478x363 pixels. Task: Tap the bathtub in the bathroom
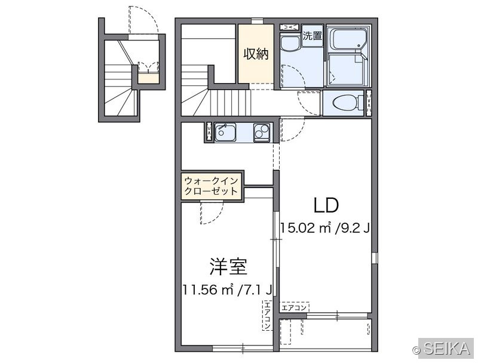pyautogui.click(x=348, y=39)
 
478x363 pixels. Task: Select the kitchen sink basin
pyautogui.click(x=225, y=133)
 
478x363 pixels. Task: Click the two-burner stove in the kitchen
pyautogui.click(x=262, y=133)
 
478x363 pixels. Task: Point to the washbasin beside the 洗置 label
pyautogui.click(x=289, y=43)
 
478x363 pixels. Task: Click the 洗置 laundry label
pyautogui.click(x=312, y=36)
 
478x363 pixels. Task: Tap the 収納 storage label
pyautogui.click(x=256, y=54)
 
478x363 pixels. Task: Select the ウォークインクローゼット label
pyautogui.click(x=212, y=186)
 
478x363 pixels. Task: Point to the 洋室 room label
pyautogui.click(x=228, y=266)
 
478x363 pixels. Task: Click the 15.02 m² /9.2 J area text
pyautogui.click(x=325, y=227)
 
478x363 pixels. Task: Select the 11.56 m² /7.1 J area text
pyautogui.click(x=227, y=290)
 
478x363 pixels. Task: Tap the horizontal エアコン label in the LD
pyautogui.click(x=294, y=307)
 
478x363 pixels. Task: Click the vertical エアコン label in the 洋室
pyautogui.click(x=267, y=315)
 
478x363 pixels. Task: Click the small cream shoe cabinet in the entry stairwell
pyautogui.click(x=148, y=79)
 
